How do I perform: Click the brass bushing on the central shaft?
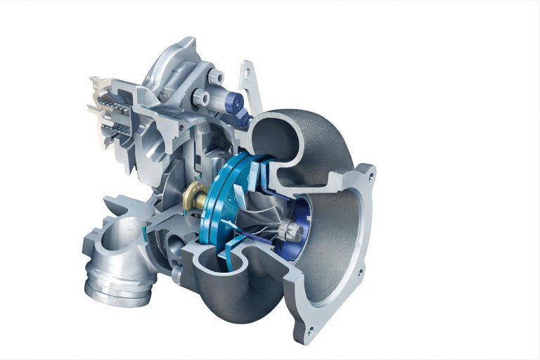point(192,195)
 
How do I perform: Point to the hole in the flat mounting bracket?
point(246,71)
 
